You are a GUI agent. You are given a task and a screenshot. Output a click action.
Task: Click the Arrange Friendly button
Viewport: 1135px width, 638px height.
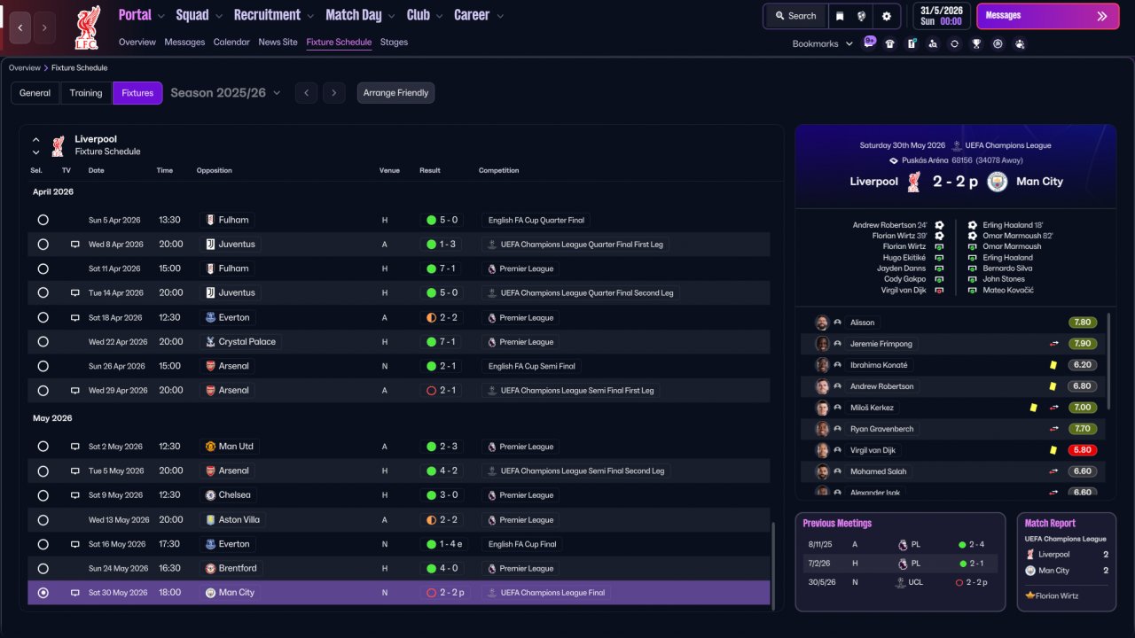coord(395,93)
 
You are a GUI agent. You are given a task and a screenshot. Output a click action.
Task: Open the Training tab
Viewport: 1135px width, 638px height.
coord(86,93)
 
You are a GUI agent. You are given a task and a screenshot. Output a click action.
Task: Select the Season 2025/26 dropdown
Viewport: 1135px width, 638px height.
coord(225,93)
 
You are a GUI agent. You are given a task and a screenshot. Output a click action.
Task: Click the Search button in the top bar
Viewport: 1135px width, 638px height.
coord(795,16)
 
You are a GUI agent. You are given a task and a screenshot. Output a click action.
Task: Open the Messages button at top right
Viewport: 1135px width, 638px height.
coord(1047,16)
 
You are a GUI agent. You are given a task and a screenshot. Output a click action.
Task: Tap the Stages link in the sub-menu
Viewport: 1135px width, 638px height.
coord(394,42)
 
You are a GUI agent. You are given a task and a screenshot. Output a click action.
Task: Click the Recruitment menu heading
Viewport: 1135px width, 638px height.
coord(267,15)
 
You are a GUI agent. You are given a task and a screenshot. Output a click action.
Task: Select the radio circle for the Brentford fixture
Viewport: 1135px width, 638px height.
coord(43,568)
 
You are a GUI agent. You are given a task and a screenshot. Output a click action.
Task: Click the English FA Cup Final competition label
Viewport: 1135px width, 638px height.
coord(522,544)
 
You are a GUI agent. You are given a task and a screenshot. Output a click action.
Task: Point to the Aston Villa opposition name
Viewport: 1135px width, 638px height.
coord(239,519)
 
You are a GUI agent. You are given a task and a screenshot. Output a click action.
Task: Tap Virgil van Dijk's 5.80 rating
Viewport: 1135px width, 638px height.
coord(1082,449)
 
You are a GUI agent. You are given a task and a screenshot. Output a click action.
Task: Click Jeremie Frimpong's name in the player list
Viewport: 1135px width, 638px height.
coord(881,343)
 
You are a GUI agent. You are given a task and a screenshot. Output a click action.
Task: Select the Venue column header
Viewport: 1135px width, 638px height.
coord(389,170)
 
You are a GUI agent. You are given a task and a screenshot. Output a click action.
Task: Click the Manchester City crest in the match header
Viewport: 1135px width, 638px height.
coord(997,182)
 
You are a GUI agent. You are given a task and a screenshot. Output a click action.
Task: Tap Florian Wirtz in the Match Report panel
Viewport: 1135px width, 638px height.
coord(1056,595)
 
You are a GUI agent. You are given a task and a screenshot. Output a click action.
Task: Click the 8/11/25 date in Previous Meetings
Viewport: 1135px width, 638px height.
coord(820,544)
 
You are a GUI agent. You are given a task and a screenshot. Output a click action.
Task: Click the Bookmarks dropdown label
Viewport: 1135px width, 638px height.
coord(815,44)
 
